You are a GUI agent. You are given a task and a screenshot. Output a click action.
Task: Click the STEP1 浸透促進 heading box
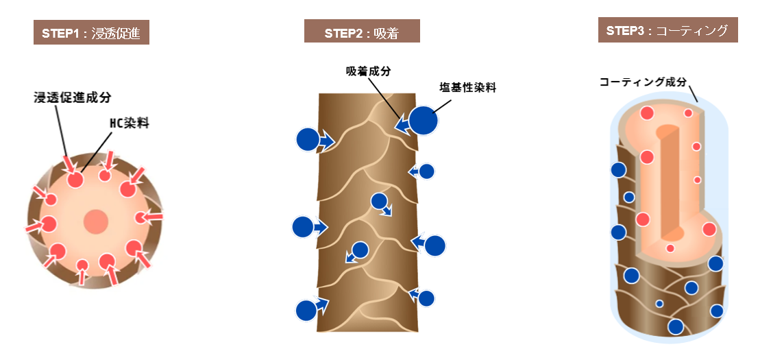(91, 33)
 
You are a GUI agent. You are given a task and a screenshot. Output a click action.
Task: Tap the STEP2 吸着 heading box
(362, 31)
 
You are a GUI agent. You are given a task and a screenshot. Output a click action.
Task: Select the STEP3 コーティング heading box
(668, 30)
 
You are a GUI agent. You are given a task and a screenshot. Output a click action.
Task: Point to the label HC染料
(129, 123)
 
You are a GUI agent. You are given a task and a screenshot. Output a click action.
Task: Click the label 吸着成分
(368, 71)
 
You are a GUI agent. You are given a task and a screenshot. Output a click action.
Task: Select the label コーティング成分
(642, 82)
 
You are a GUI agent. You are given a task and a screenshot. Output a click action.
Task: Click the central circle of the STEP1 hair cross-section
(96, 221)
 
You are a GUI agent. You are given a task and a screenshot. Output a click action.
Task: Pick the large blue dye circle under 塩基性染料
(424, 121)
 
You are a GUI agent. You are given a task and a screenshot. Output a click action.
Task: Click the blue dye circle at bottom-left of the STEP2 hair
(307, 311)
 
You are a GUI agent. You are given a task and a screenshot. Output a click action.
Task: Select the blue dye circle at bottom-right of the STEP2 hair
(426, 298)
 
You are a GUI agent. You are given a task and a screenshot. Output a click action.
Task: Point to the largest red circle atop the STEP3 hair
(646, 113)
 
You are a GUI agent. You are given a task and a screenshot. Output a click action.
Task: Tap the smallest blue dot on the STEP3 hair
(659, 304)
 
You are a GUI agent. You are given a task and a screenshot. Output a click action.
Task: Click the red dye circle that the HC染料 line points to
(75, 180)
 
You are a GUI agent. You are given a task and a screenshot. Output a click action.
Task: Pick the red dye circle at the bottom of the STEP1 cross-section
(82, 266)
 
